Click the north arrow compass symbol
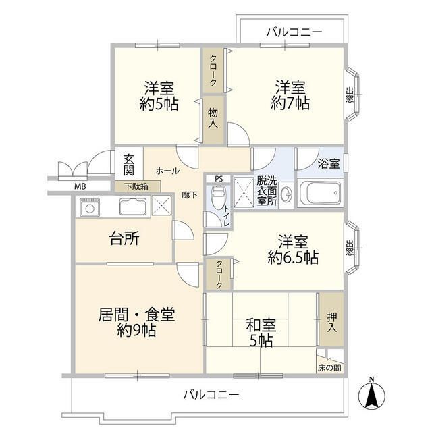coord(371,394)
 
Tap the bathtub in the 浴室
coord(321,194)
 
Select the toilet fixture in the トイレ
coord(217,198)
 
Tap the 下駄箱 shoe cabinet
coord(137,186)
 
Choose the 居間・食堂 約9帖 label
coord(137,322)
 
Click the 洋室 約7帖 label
coord(290,95)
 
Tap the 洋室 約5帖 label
coord(159,95)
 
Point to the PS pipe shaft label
coord(218,179)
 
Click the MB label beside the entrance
coord(80,186)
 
